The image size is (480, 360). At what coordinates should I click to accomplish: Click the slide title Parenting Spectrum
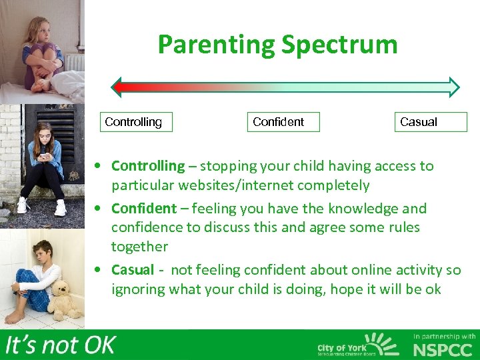(x=277, y=45)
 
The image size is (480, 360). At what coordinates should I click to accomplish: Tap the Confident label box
(x=283, y=122)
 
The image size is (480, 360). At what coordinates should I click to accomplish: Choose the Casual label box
(x=431, y=122)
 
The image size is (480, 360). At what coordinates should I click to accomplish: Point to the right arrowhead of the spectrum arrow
(x=454, y=87)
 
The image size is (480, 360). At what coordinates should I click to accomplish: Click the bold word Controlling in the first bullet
(x=147, y=166)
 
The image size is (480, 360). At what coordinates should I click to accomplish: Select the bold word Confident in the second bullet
(x=143, y=208)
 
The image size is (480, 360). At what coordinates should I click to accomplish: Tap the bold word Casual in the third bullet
(x=132, y=270)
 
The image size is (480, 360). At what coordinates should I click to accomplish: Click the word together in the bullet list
(x=139, y=247)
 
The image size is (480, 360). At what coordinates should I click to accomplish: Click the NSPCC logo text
(x=444, y=349)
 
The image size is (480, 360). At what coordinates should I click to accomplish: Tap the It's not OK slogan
(x=60, y=345)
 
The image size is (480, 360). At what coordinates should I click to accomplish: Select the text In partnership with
(x=445, y=336)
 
